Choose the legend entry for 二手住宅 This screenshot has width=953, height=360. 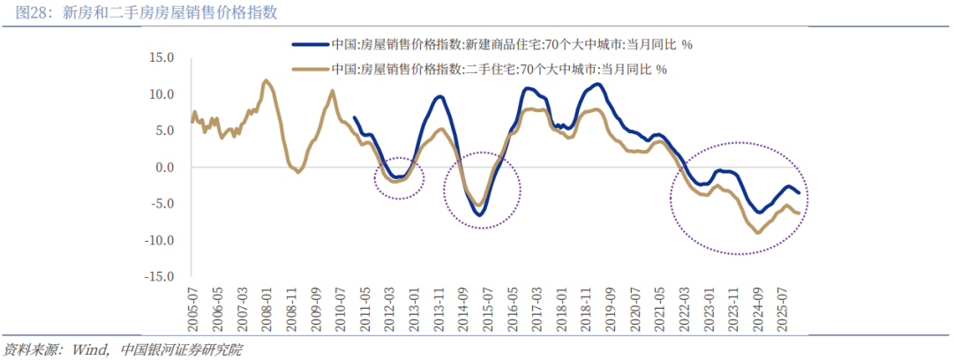(x=491, y=69)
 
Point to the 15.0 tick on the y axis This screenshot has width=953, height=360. (x=162, y=57)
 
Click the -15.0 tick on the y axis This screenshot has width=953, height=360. (x=161, y=276)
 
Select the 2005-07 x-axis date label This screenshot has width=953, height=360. (x=192, y=303)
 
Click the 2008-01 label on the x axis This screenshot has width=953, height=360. (x=266, y=303)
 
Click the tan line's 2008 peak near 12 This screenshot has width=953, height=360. (x=266, y=80)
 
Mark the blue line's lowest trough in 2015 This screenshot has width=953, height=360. (x=479, y=214)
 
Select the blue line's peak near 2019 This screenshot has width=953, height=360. (x=597, y=85)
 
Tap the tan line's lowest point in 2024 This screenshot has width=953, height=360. (x=757, y=233)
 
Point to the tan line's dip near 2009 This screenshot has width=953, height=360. (x=297, y=172)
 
